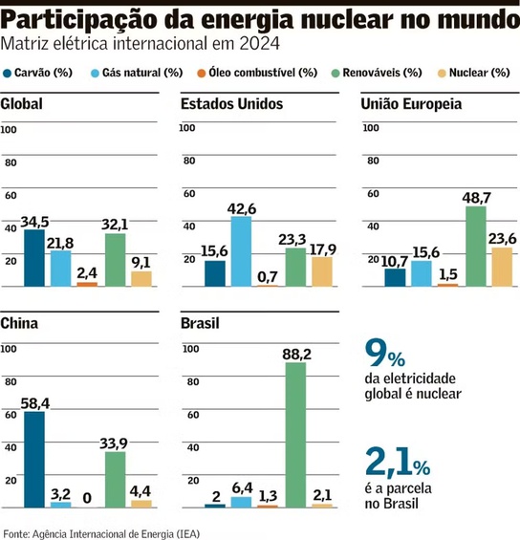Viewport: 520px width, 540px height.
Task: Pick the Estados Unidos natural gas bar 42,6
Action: coord(241,251)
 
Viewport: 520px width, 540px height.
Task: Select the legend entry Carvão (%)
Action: coord(38,72)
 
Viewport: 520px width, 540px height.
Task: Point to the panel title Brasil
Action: coord(200,323)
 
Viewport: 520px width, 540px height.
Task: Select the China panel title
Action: coord(19,323)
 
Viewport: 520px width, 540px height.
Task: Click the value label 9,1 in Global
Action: coord(141,262)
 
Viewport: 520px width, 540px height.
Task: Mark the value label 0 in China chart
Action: coord(87,496)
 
